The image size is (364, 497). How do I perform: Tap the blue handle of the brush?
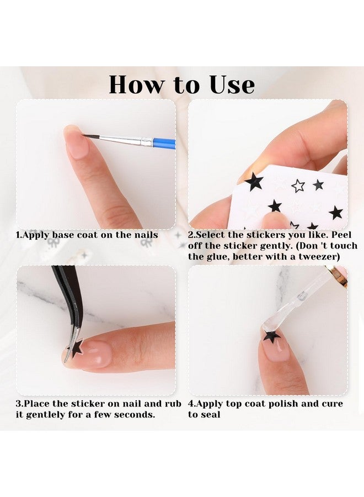[164, 144]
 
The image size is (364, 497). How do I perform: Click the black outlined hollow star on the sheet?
[298, 186]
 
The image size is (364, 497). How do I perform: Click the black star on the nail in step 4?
[271, 336]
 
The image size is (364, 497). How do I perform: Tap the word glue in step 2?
[217, 256]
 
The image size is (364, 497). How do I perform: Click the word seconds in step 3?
[136, 415]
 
